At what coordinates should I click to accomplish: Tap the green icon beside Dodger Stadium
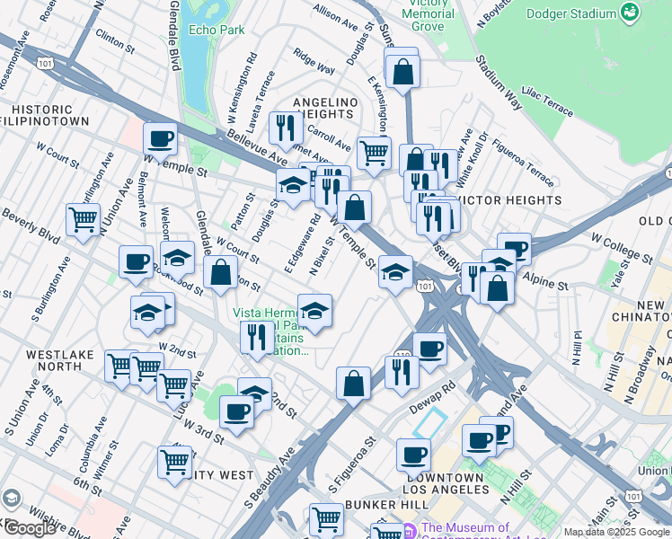(632, 13)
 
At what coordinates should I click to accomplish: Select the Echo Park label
(217, 30)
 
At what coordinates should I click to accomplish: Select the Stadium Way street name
(500, 77)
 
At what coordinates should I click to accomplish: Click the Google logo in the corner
(29, 527)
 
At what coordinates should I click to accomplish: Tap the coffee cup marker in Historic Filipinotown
(160, 139)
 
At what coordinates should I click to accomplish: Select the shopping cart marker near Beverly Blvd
(83, 218)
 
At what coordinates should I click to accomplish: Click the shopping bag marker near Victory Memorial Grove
(403, 68)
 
